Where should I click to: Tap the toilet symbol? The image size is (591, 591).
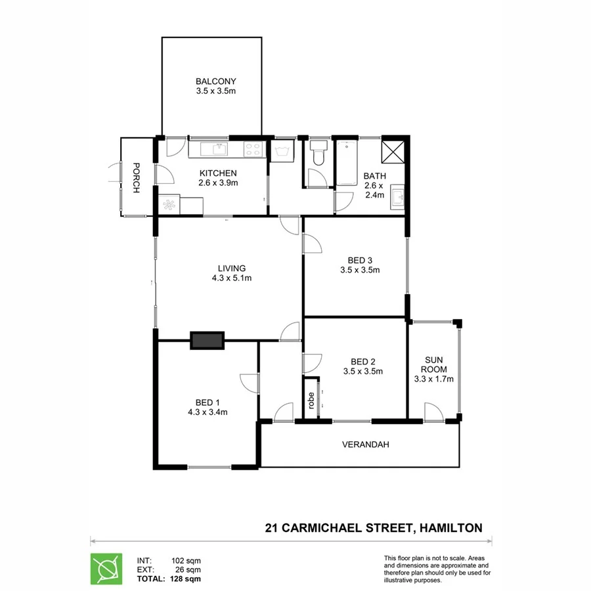pos(319,153)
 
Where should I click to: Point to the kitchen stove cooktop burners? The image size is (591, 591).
pos(253,149)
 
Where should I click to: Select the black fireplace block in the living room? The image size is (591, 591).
pos(207,340)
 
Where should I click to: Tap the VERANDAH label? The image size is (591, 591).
pos(366,445)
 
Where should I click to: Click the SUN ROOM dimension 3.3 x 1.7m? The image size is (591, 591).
pos(434,378)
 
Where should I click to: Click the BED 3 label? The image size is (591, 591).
pos(360,259)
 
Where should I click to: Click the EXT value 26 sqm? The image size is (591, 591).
pos(188,570)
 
